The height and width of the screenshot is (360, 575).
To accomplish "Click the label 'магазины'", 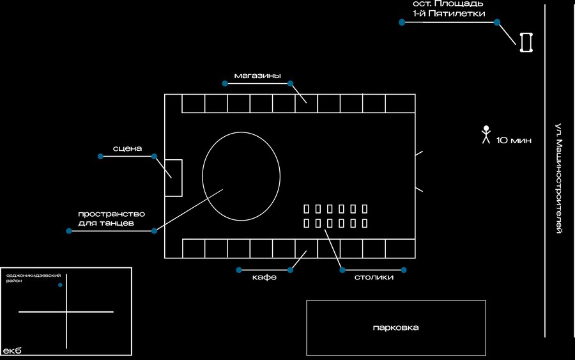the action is click(257, 76).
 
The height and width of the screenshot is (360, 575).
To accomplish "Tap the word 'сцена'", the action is click(127, 148).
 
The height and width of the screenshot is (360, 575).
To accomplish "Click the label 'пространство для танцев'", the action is click(111, 218).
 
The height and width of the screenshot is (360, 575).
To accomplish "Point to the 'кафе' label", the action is click(264, 277).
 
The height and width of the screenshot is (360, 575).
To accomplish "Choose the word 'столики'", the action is click(374, 277).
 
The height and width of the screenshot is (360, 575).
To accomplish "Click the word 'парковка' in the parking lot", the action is click(395, 327).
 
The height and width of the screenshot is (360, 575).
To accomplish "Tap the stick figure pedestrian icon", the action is click(486, 135).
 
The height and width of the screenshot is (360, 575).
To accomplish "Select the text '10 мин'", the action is click(514, 140).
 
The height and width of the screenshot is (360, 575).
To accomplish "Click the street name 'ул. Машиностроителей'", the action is click(558, 178).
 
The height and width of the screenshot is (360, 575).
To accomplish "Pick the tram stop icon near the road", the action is click(526, 42).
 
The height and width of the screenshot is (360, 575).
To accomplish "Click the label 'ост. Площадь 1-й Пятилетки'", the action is click(449, 9).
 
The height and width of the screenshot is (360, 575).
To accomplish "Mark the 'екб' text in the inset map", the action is click(12, 350).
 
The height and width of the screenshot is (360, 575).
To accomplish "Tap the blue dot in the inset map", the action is click(60, 285).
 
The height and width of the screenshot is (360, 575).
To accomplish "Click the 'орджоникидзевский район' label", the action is click(33, 278).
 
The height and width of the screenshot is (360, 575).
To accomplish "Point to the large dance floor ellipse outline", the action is click(203, 176).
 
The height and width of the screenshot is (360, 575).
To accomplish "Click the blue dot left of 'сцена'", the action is click(100, 156).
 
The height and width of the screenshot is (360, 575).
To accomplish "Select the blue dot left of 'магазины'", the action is click(225, 83).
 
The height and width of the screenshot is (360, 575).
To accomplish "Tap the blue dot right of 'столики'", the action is click(404, 270).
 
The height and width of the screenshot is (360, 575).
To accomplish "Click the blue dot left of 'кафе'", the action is click(239, 270).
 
